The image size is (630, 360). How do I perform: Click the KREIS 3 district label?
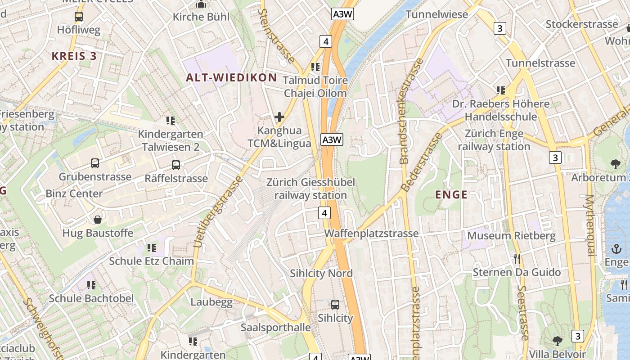click(x=74, y=56)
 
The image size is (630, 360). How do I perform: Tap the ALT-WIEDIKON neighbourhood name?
click(x=232, y=77)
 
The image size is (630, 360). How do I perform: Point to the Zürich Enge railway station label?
click(x=494, y=140)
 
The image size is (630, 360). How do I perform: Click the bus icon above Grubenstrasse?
click(x=95, y=163)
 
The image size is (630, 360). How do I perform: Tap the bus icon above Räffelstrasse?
click(x=176, y=165)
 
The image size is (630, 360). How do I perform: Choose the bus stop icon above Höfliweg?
click(x=79, y=17)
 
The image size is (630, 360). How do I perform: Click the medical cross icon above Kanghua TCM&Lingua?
click(x=279, y=117)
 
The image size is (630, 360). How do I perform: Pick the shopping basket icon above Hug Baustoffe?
click(x=98, y=220)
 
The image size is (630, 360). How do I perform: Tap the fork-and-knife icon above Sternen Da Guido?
click(x=517, y=259)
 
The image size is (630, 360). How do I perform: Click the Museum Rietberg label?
click(x=511, y=236)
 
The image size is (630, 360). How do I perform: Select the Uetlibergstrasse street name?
click(x=218, y=212)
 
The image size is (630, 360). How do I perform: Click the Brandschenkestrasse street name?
click(x=410, y=111)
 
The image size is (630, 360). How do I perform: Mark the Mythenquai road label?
click(x=590, y=225)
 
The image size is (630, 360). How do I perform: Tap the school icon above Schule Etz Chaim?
click(x=152, y=248)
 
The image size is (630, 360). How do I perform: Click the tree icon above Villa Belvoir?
click(x=558, y=341)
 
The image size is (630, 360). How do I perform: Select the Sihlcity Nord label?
click(x=321, y=274)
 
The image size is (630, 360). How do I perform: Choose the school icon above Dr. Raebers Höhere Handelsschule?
click(x=501, y=90)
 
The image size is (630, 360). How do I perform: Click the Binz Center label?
click(x=74, y=194)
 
